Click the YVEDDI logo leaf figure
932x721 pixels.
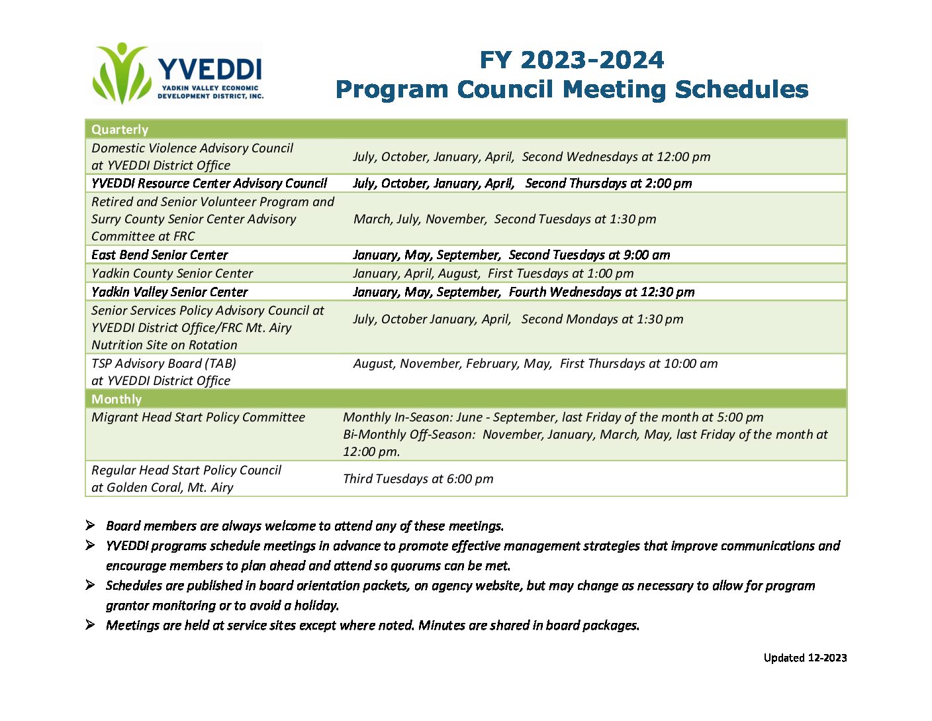click(x=122, y=73)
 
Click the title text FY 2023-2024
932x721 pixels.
click(x=571, y=60)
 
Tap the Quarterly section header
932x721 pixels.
click(x=120, y=129)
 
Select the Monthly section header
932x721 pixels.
click(x=117, y=399)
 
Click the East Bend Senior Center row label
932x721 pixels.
click(x=160, y=254)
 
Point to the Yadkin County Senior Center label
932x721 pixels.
click(x=172, y=273)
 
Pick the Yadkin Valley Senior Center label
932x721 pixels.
click(x=169, y=292)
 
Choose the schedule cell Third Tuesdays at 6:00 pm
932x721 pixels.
click(x=418, y=479)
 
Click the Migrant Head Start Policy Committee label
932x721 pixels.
click(x=198, y=417)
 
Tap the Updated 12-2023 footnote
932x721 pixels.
click(x=805, y=658)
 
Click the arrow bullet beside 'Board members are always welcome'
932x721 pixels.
click(x=90, y=526)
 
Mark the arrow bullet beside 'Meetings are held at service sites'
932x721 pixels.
click(x=90, y=624)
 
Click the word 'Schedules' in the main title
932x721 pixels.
click(x=741, y=89)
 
